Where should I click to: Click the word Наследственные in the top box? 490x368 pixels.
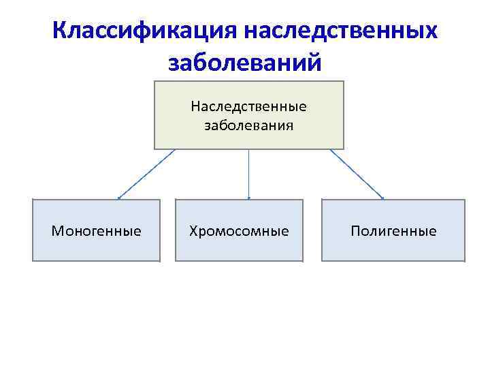point(248,106)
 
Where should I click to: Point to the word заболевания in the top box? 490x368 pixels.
point(248,125)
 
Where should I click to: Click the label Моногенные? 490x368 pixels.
point(97,231)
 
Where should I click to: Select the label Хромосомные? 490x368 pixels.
point(239,231)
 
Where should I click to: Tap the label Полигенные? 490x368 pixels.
point(393,231)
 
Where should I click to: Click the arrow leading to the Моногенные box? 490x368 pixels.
point(147,174)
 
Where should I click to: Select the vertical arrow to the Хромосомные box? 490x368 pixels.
point(248,174)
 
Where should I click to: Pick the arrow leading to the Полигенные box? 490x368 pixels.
point(357,174)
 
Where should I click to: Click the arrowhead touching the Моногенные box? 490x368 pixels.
point(119,198)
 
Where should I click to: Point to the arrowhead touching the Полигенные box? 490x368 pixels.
point(382,198)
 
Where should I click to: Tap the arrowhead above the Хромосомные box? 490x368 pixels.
point(248,198)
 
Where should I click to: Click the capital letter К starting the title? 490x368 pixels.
point(61,31)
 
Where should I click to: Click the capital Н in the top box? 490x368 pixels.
point(195,106)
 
